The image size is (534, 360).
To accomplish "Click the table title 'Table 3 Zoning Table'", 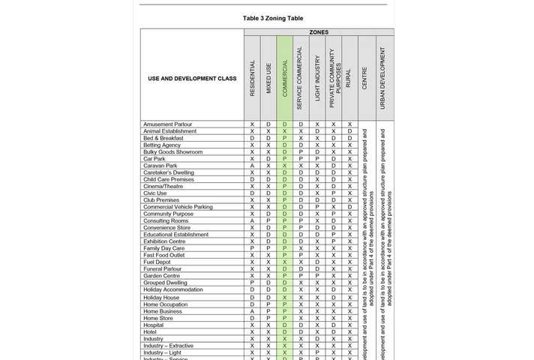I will pyautogui.click(x=273, y=18).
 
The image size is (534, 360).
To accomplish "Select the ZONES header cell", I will pyautogui.click(x=318, y=32).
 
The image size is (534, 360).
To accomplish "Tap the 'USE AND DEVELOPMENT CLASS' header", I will pyautogui.click(x=191, y=79).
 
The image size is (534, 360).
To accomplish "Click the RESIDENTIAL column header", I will pyautogui.click(x=252, y=78).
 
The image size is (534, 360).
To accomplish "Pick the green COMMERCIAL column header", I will pyautogui.click(x=284, y=78).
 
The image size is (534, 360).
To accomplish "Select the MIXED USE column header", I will pyautogui.click(x=268, y=79).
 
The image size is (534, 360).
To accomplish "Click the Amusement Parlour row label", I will pyautogui.click(x=168, y=124).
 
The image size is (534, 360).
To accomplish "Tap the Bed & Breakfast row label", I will pyautogui.click(x=163, y=138).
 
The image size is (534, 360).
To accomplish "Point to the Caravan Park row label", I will pyautogui.click(x=160, y=166).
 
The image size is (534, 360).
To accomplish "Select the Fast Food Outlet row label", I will pyautogui.click(x=164, y=255).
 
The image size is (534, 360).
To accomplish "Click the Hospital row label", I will pyautogui.click(x=154, y=325).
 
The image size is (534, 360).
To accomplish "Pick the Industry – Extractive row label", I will pyautogui.click(x=168, y=346).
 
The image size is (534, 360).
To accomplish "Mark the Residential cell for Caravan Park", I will pyautogui.click(x=252, y=166).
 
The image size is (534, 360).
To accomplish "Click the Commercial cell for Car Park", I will pyautogui.click(x=284, y=159).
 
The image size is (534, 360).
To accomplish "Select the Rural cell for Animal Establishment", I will pyautogui.click(x=349, y=131).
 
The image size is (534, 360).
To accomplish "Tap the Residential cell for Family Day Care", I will pyautogui.click(x=252, y=248).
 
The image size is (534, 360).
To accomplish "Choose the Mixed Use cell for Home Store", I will pyautogui.click(x=268, y=318).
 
